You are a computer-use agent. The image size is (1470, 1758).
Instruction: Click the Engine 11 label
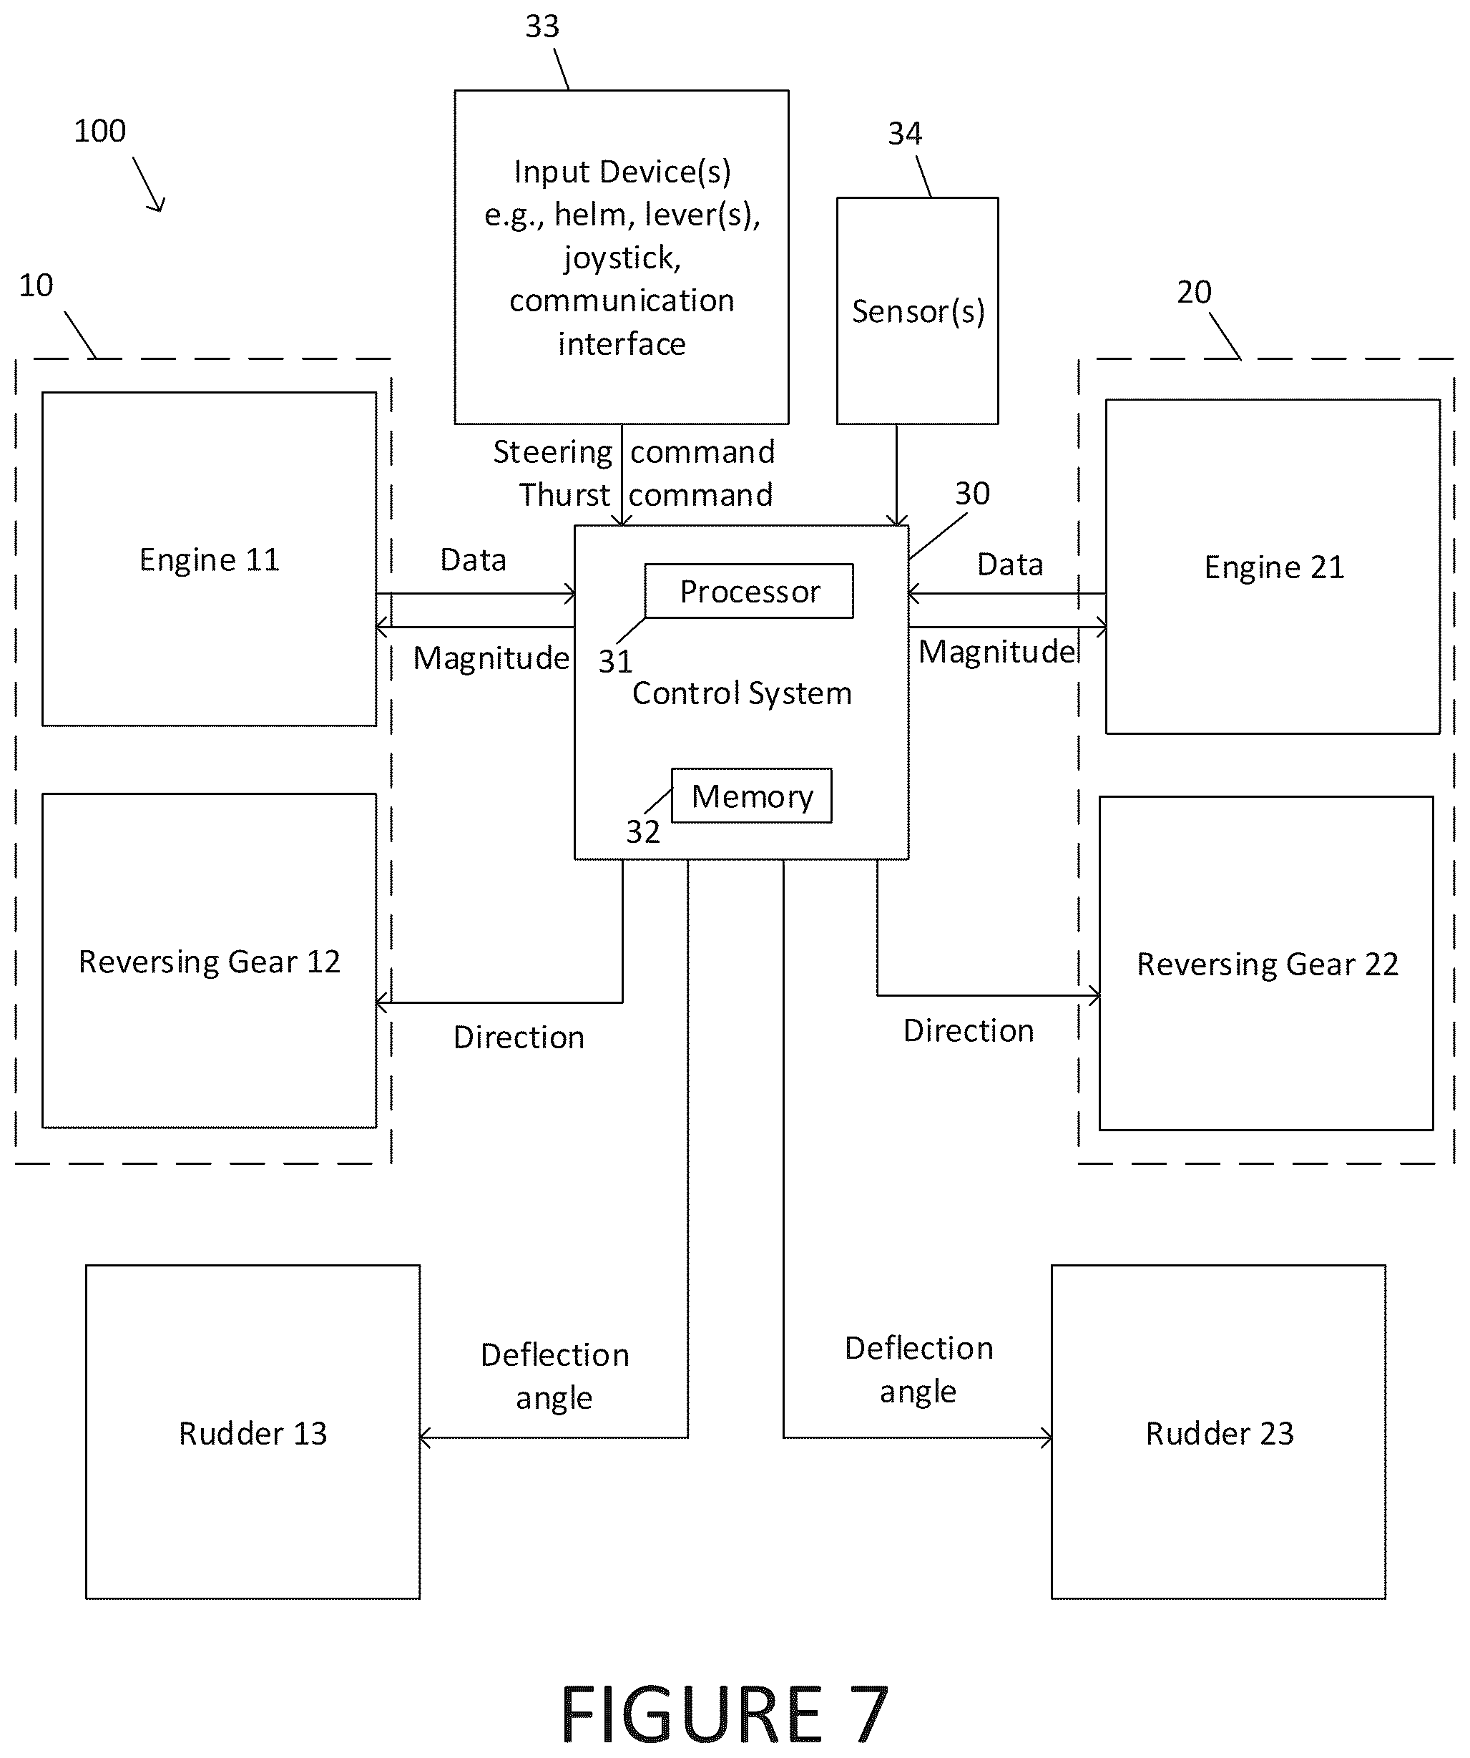click(x=210, y=560)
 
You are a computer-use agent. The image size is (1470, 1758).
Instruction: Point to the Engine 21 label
click(x=1274, y=567)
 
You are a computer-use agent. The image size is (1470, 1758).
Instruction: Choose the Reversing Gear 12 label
click(x=210, y=961)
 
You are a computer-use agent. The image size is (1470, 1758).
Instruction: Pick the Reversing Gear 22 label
click(x=1268, y=964)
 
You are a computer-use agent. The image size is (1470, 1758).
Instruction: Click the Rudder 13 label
click(x=253, y=1433)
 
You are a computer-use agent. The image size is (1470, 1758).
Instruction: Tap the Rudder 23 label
click(x=1220, y=1433)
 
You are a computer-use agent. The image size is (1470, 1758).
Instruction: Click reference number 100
click(x=99, y=131)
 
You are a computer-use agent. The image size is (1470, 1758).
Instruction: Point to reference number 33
click(x=542, y=26)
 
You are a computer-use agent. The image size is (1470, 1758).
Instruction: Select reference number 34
click(x=905, y=133)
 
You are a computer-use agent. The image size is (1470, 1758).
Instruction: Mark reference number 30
click(x=972, y=493)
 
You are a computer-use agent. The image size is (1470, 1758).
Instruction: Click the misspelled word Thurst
click(x=564, y=494)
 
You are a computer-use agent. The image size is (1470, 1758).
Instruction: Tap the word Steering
click(x=552, y=452)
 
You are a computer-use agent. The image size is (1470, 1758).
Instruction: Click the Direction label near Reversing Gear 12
click(x=519, y=1037)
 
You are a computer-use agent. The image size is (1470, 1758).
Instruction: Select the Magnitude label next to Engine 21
click(x=997, y=651)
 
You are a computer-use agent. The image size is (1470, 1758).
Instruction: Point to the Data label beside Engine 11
click(x=473, y=560)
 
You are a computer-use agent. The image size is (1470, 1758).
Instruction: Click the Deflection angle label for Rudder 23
click(x=918, y=1369)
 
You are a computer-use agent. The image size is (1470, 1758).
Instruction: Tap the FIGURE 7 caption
click(x=724, y=1714)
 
